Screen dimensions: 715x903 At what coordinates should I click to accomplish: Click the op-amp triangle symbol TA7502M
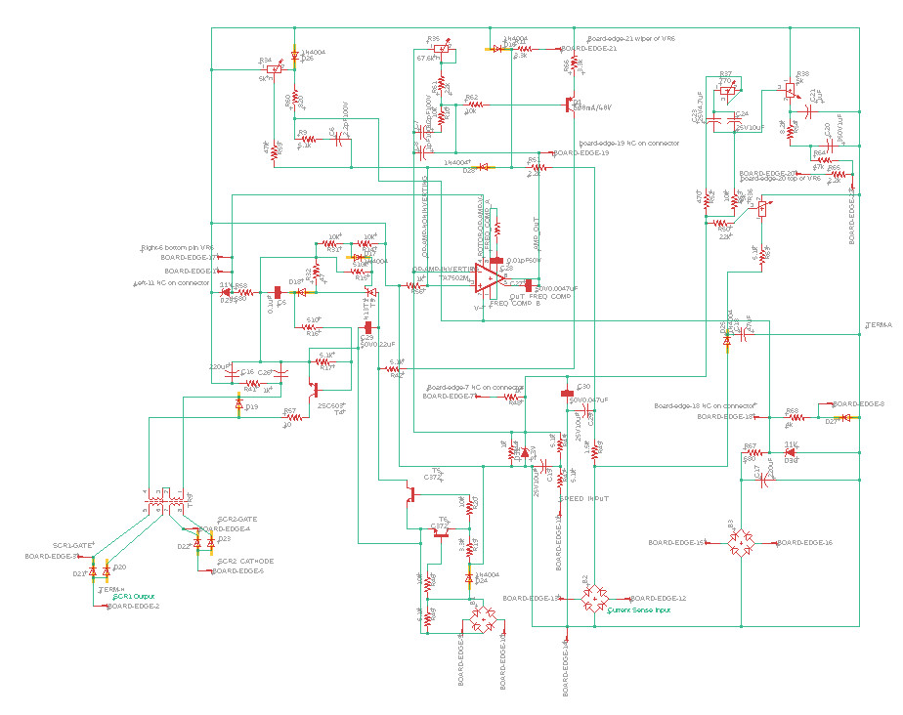coord(489,279)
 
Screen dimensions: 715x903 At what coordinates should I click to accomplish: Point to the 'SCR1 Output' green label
coord(132,595)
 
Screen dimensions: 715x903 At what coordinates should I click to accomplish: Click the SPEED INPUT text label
coord(584,497)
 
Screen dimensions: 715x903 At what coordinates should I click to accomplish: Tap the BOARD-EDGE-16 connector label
coord(804,542)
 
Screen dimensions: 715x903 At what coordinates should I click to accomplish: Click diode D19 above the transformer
coord(239,403)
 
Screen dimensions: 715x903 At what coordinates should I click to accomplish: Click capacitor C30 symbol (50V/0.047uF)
coord(566,394)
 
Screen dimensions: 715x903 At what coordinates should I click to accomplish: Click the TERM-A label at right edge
coord(879,324)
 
